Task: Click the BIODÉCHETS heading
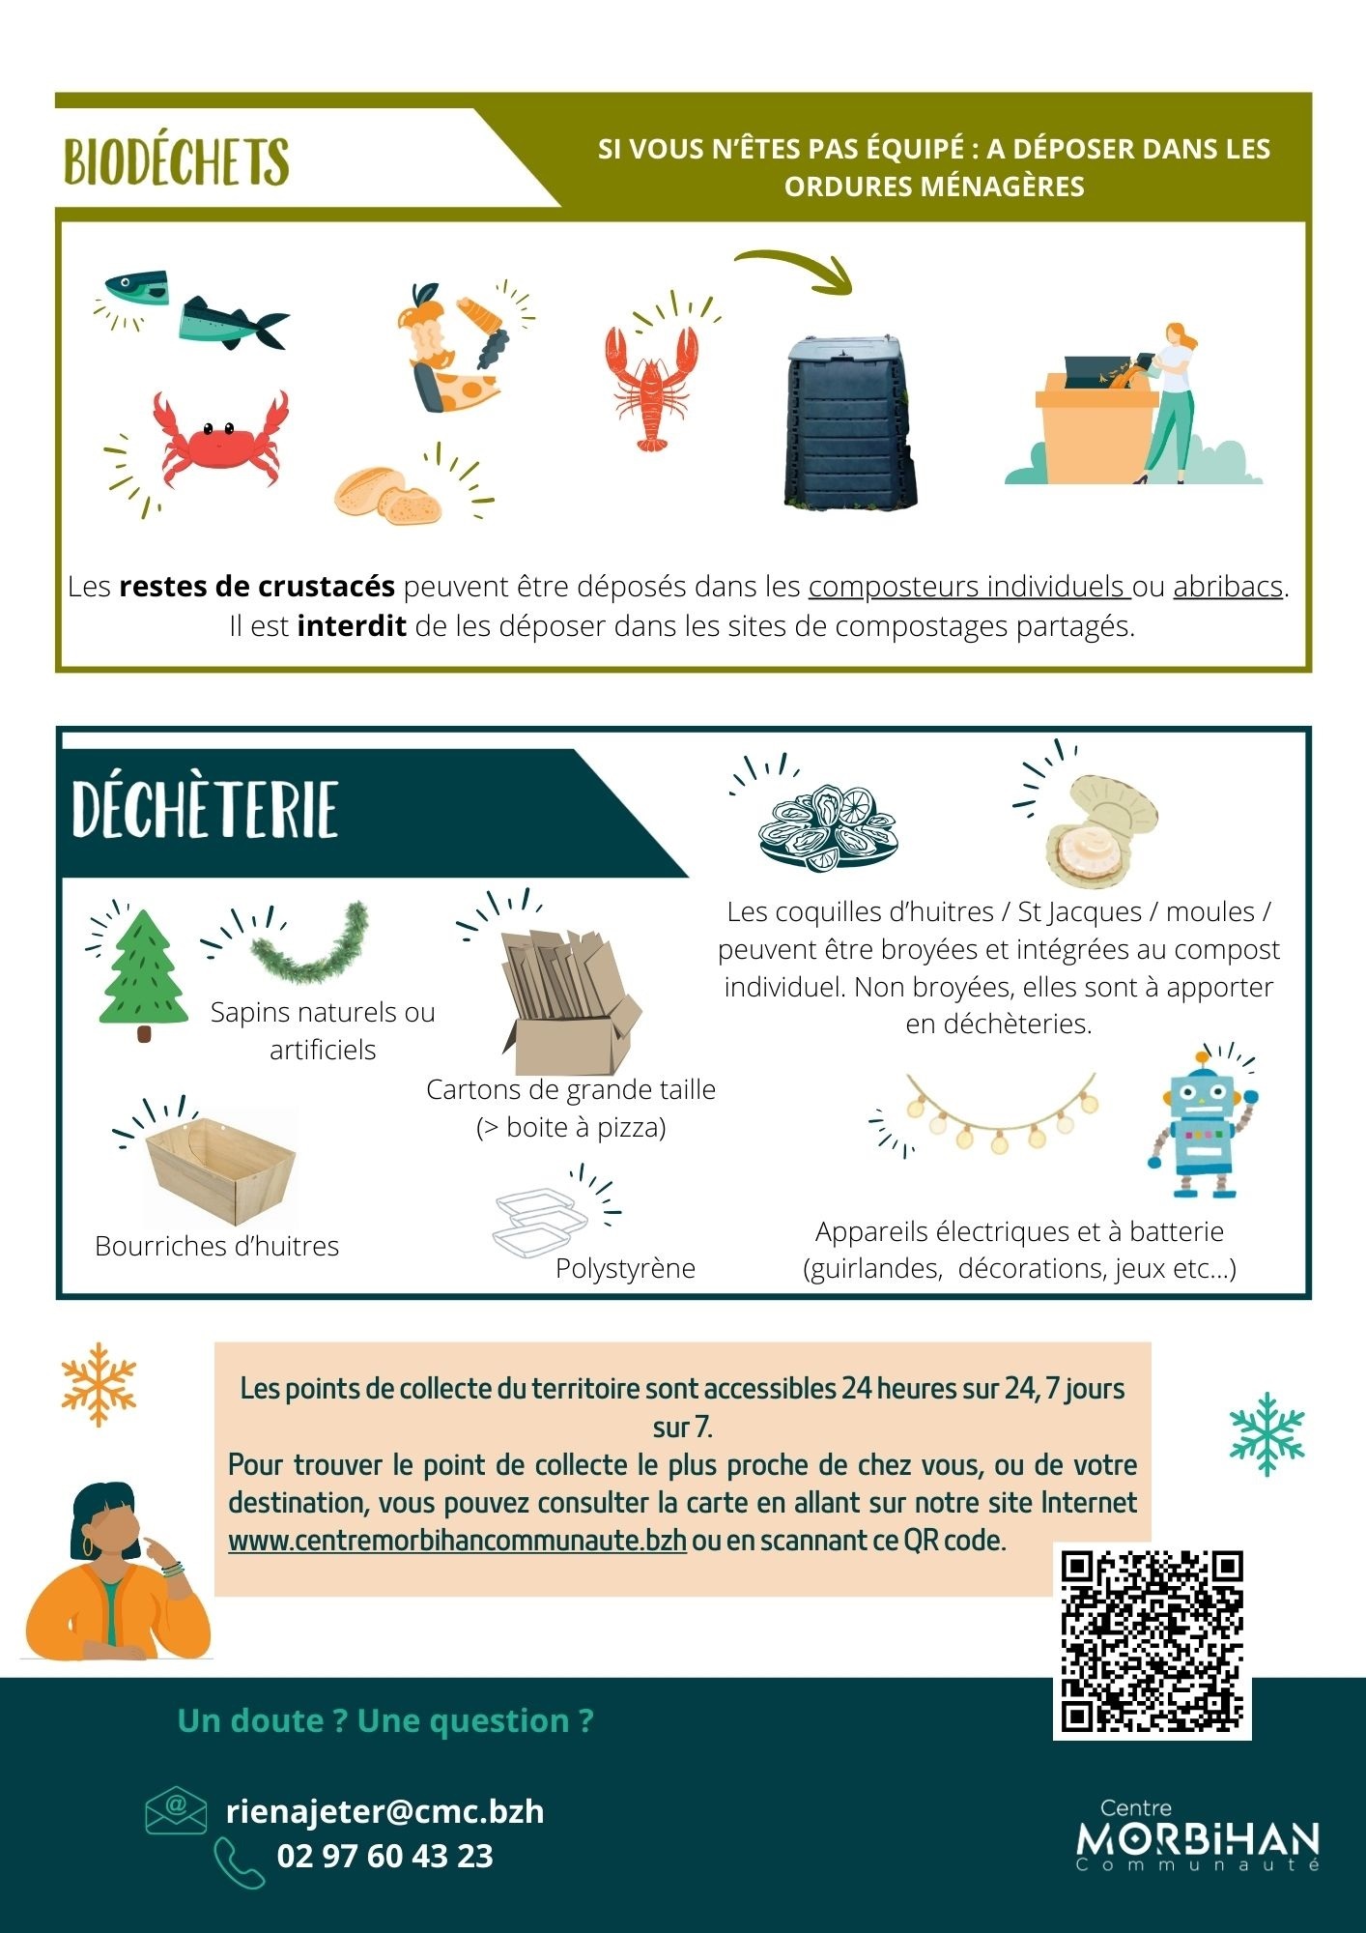point(177,160)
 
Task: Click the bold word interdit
point(352,626)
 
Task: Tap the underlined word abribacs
point(1228,587)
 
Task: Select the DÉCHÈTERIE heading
point(205,810)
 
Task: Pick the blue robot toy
point(1199,1123)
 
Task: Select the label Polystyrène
point(625,1268)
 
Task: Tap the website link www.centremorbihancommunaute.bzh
point(457,1540)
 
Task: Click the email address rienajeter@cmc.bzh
point(384,1810)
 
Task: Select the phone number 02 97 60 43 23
point(384,1856)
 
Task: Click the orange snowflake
point(99,1384)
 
